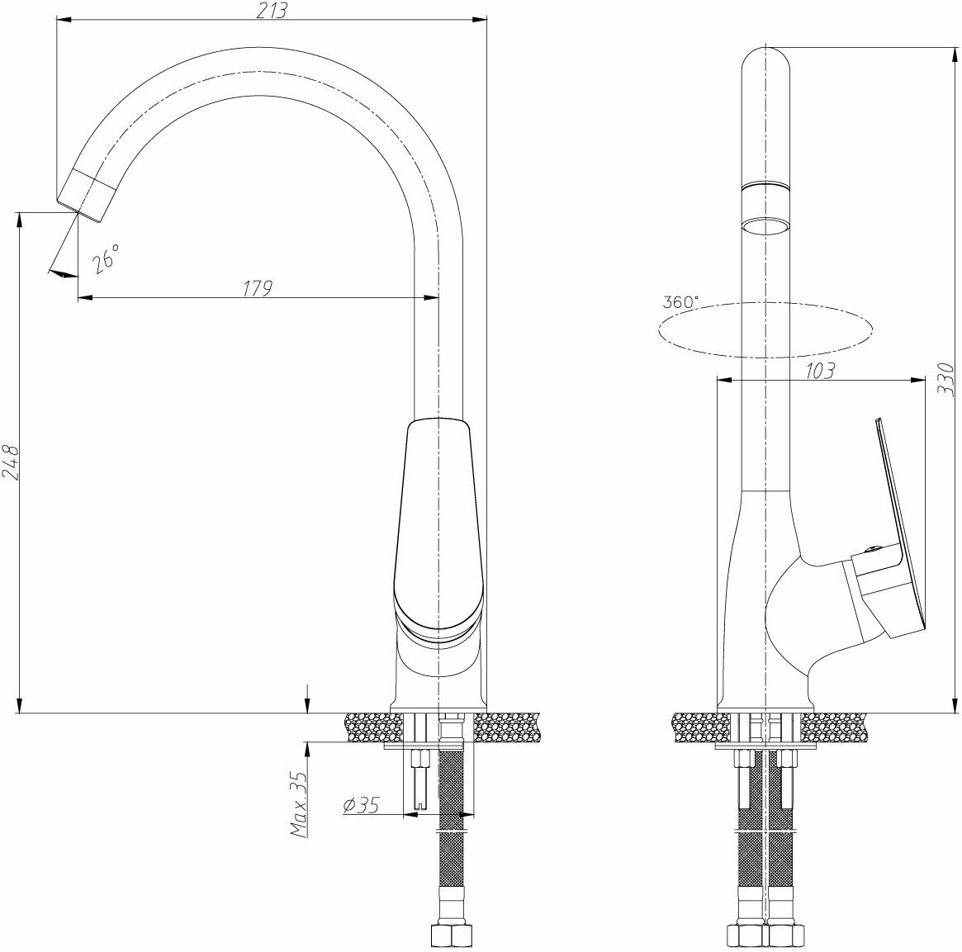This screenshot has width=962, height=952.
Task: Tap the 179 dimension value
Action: point(258,288)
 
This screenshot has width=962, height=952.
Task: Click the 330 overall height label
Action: point(947,380)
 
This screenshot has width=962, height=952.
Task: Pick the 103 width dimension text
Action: point(817,371)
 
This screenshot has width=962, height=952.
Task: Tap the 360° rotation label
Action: point(680,302)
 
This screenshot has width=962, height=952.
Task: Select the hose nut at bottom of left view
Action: point(451,935)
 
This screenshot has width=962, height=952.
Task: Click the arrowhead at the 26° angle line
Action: point(60,273)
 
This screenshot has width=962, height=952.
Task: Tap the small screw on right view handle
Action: point(867,550)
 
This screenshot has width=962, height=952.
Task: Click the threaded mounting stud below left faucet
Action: point(419,776)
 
